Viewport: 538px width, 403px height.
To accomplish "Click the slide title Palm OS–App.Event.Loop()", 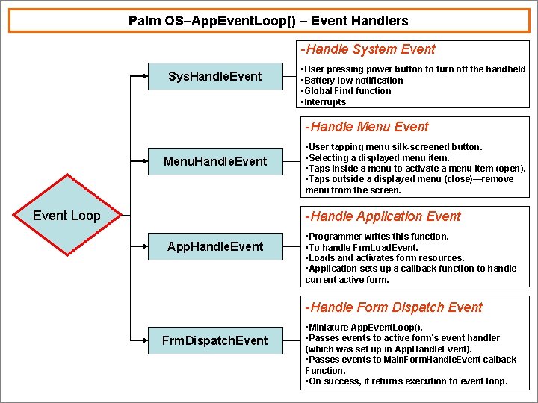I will tap(268, 21).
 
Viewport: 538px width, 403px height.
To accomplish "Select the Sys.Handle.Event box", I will tap(214, 76).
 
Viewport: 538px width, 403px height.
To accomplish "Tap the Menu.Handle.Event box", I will tap(214, 161).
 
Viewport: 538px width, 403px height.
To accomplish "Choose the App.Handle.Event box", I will tap(214, 246).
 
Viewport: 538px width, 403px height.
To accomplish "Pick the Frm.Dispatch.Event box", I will tap(214, 340).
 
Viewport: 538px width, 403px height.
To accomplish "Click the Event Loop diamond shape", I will tap(67, 216).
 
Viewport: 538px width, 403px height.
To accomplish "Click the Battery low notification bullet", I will tap(351, 80).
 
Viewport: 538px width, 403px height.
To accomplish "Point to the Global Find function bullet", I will tap(345, 91).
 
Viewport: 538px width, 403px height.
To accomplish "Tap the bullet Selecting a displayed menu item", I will tap(377, 157).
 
